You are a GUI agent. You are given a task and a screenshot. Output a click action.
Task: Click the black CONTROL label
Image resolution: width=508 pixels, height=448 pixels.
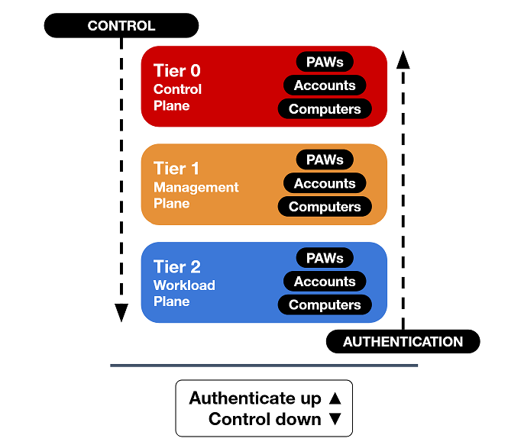tap(121, 26)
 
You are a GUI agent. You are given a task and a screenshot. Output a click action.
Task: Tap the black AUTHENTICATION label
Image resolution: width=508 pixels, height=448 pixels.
tap(403, 342)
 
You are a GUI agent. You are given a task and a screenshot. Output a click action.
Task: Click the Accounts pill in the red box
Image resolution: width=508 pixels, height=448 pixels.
tap(325, 85)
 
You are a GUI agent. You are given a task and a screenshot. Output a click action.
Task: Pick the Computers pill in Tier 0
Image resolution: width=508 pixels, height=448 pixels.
tap(325, 109)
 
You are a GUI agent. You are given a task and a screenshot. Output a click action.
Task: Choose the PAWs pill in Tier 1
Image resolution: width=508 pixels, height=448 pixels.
tap(325, 160)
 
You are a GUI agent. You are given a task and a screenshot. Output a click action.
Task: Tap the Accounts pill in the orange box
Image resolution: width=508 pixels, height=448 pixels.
tap(325, 183)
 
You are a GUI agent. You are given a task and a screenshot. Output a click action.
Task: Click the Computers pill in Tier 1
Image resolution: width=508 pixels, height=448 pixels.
tap(325, 207)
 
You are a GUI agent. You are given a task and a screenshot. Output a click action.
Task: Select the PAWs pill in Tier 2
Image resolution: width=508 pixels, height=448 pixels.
tap(325, 258)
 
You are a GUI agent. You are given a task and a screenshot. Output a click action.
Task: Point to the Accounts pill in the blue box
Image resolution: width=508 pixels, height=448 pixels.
tap(325, 282)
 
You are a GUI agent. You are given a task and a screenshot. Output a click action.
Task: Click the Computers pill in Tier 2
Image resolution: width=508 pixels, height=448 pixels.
tap(325, 305)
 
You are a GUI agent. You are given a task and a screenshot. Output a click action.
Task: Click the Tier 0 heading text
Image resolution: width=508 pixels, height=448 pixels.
tap(177, 71)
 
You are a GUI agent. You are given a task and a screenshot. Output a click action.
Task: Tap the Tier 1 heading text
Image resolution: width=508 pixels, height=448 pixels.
tap(177, 169)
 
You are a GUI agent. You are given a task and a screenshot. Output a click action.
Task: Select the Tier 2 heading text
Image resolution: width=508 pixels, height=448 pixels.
tap(177, 266)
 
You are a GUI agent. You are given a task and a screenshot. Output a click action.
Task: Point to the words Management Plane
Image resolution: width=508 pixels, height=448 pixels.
tap(196, 195)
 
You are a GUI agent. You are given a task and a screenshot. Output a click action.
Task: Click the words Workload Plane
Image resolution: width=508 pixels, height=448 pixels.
tap(184, 293)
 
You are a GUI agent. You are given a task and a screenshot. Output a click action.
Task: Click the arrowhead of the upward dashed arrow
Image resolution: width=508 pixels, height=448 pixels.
tap(403, 59)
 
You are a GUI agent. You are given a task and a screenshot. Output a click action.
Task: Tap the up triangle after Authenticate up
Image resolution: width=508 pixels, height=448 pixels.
tap(334, 398)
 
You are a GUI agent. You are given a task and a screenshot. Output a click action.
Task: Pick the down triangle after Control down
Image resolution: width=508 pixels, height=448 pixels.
tap(334, 420)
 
